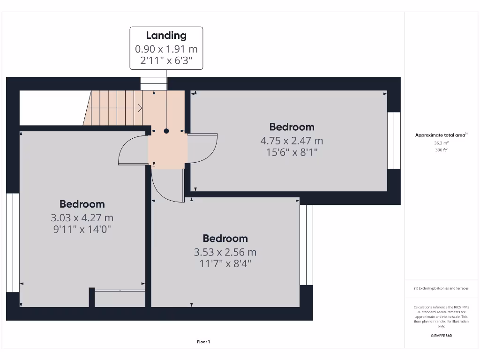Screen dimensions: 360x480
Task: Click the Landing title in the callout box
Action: [166, 36]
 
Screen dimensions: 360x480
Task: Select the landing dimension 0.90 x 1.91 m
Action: [166, 49]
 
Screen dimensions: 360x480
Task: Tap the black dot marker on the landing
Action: [166, 131]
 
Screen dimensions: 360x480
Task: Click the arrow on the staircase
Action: [138, 108]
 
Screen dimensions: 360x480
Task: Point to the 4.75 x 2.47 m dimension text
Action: [292, 141]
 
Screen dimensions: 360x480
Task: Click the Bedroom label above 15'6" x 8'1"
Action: [292, 127]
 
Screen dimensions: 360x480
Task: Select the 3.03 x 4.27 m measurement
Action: [82, 218]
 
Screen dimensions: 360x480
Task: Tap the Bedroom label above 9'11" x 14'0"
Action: [82, 204]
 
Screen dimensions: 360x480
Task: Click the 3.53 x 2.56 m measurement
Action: [225, 252]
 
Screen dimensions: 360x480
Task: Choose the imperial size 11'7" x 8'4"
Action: [225, 263]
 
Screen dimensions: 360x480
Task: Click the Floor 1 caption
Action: [203, 342]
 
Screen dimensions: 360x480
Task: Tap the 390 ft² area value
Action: [441, 150]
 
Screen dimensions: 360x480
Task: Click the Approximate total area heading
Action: [441, 135]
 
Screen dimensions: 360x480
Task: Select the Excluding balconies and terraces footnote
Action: [441, 288]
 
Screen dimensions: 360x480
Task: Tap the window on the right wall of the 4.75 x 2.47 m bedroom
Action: [394, 140]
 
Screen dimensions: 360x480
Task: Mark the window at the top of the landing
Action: [154, 83]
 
